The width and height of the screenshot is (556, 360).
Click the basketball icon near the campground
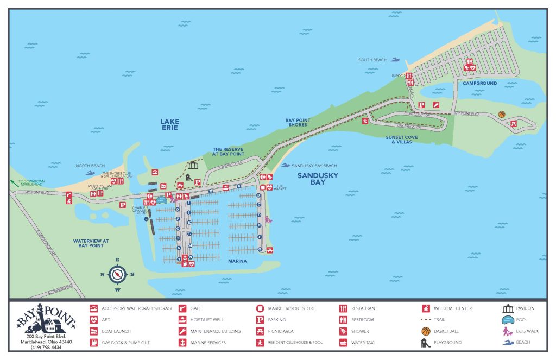coord(501,114)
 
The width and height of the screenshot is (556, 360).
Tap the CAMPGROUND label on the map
coord(479,83)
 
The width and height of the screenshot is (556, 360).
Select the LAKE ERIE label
coord(169,124)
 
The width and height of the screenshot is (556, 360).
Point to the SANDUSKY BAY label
coord(318,179)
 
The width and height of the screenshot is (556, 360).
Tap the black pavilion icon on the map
coord(193,165)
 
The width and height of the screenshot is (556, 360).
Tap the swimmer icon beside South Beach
coord(396,60)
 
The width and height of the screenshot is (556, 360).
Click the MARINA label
coord(237,261)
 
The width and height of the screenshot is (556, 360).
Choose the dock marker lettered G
coord(260,249)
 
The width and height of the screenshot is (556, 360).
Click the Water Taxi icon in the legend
coord(343,343)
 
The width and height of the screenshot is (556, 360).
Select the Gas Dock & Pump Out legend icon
coord(94,343)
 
